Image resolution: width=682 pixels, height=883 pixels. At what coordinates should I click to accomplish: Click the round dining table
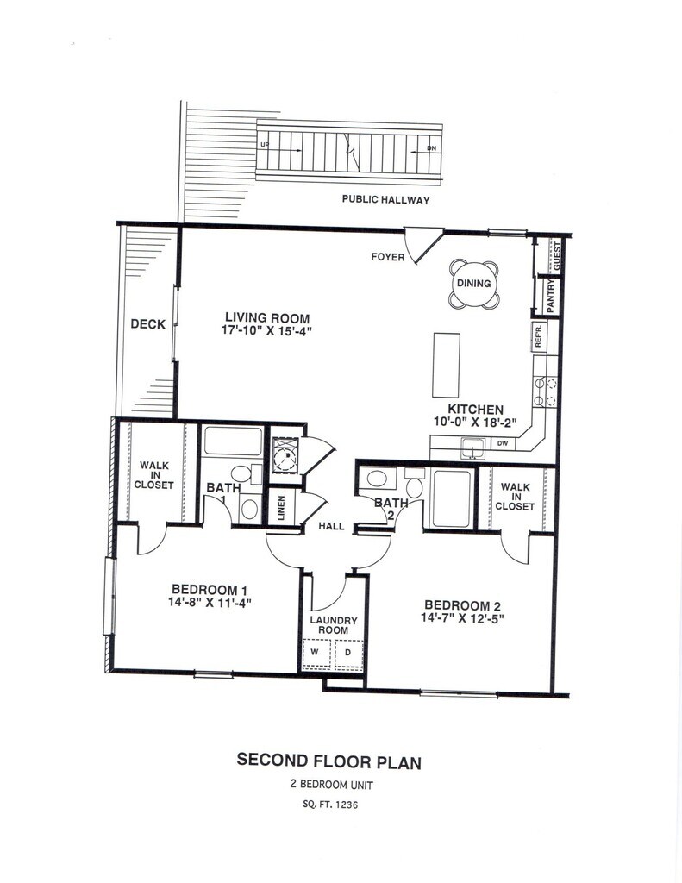click(473, 284)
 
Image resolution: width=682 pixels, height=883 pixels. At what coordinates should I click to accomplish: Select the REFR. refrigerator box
click(536, 336)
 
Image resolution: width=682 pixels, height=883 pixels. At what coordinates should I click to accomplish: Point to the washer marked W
click(315, 653)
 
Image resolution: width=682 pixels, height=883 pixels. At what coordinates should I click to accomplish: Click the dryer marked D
click(348, 653)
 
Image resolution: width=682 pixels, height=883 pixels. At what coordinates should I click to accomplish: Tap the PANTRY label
click(548, 295)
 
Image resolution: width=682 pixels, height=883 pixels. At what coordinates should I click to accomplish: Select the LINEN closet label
click(281, 507)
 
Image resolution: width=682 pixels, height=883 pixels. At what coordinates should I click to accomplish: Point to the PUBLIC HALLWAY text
click(385, 200)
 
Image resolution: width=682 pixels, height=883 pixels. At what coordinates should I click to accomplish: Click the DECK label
click(147, 324)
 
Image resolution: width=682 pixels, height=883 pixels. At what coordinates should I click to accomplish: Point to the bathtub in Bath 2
click(452, 498)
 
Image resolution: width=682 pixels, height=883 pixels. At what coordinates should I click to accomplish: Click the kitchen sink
click(472, 446)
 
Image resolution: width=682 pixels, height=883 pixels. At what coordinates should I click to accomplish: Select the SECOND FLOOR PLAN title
click(329, 761)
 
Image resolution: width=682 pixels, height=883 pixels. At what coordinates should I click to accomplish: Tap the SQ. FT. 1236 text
click(329, 805)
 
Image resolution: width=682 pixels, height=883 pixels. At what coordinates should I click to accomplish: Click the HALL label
click(332, 526)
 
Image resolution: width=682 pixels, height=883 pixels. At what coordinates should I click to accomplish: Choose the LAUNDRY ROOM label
click(333, 625)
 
